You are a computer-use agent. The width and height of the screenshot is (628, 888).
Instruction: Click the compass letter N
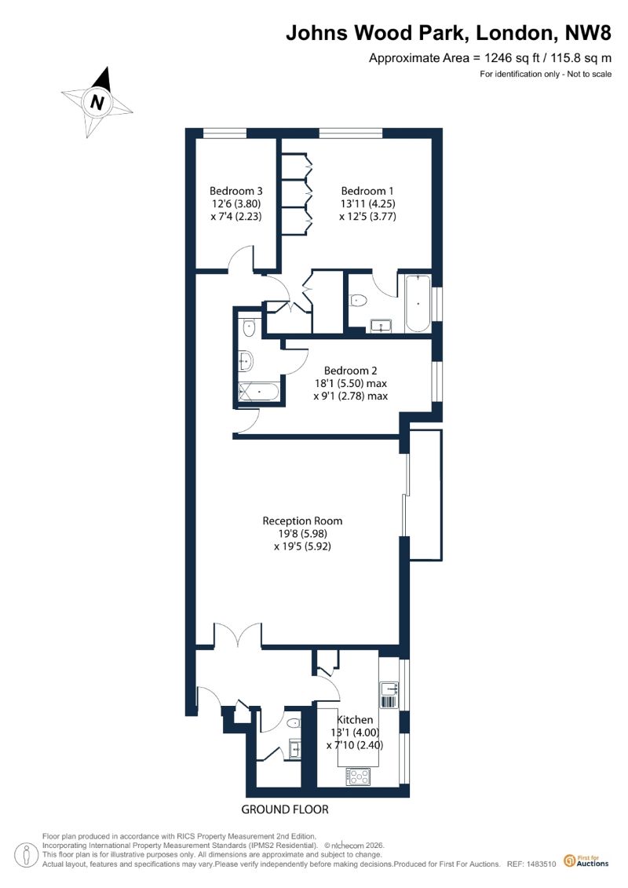[98, 103]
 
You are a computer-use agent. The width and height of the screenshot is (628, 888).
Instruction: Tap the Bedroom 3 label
[236, 191]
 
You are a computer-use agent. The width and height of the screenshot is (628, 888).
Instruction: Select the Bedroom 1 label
[367, 191]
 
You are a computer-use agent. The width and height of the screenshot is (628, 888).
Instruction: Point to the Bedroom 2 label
[351, 371]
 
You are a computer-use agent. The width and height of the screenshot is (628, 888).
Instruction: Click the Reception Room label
[302, 521]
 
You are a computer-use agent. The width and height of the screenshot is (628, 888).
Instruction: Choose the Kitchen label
[355, 719]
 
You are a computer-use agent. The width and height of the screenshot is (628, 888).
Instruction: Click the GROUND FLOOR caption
[285, 809]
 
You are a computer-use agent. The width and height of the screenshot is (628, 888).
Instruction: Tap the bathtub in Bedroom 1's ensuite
[418, 304]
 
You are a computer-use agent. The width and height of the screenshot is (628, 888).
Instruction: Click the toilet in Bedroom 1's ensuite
[359, 300]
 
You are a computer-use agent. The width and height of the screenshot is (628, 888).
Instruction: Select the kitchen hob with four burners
[358, 776]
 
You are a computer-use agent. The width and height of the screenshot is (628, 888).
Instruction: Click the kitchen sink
[389, 689]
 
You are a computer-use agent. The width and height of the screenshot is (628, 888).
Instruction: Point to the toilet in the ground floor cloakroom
[294, 723]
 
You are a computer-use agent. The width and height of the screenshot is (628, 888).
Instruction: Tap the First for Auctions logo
[586, 861]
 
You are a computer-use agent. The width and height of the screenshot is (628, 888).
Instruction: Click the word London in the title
[514, 34]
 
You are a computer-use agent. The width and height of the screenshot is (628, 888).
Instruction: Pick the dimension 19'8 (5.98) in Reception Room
[302, 533]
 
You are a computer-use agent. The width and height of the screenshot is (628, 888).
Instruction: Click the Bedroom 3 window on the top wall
[225, 133]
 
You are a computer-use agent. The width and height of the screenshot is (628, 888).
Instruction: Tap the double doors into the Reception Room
[238, 635]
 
